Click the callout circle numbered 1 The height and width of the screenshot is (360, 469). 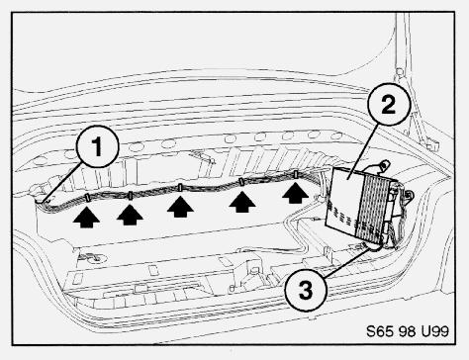click(x=97, y=146)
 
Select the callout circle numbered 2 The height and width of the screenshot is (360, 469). click(x=389, y=105)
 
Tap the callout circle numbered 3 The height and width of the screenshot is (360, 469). click(x=306, y=290)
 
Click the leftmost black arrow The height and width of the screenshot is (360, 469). click(x=86, y=218)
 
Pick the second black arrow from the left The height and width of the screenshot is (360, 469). click(x=130, y=215)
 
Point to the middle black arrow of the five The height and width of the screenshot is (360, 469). click(x=180, y=207)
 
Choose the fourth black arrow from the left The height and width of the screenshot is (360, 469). click(x=242, y=202)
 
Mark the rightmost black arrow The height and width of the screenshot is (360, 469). click(x=296, y=193)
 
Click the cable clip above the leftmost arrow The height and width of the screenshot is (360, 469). click(x=88, y=198)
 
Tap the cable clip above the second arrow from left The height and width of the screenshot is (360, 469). click(x=131, y=196)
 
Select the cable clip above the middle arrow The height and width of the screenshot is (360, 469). click(x=180, y=188)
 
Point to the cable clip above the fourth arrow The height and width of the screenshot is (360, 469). click(x=241, y=182)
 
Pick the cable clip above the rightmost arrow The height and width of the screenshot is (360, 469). click(x=296, y=174)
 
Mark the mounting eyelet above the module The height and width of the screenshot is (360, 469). click(x=384, y=164)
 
